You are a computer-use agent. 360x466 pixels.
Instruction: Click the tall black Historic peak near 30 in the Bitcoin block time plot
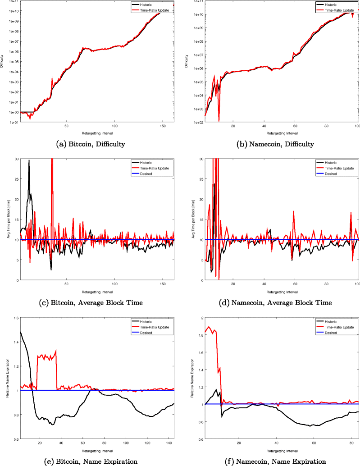coord(29,161)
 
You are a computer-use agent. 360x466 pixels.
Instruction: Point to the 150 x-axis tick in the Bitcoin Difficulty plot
coord(163,126)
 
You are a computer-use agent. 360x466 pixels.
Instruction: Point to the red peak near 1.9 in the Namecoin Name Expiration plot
coord(209,327)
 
